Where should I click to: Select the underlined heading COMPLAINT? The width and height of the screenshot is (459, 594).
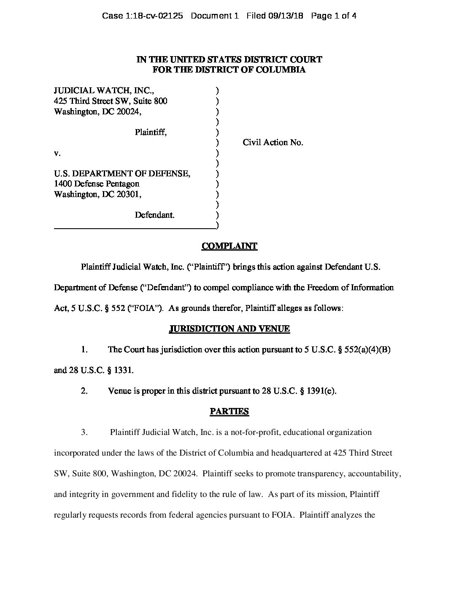pos(229,246)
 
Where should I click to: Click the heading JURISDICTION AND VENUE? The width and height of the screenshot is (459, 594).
pos(229,329)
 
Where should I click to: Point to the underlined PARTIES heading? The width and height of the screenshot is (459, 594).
pos(229,411)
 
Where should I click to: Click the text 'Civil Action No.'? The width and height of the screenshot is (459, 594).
pos(273,143)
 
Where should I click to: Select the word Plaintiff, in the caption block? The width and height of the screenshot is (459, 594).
pos(151,132)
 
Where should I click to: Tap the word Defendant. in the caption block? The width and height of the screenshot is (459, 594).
pos(154,215)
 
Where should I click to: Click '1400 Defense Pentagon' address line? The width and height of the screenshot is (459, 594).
pos(97,184)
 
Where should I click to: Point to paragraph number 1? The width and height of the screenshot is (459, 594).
pos(84,349)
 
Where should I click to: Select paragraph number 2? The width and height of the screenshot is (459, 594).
pos(84,391)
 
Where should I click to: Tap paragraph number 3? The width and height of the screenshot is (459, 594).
pos(84,432)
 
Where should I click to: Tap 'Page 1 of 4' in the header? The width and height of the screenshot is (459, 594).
pos(334,16)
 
